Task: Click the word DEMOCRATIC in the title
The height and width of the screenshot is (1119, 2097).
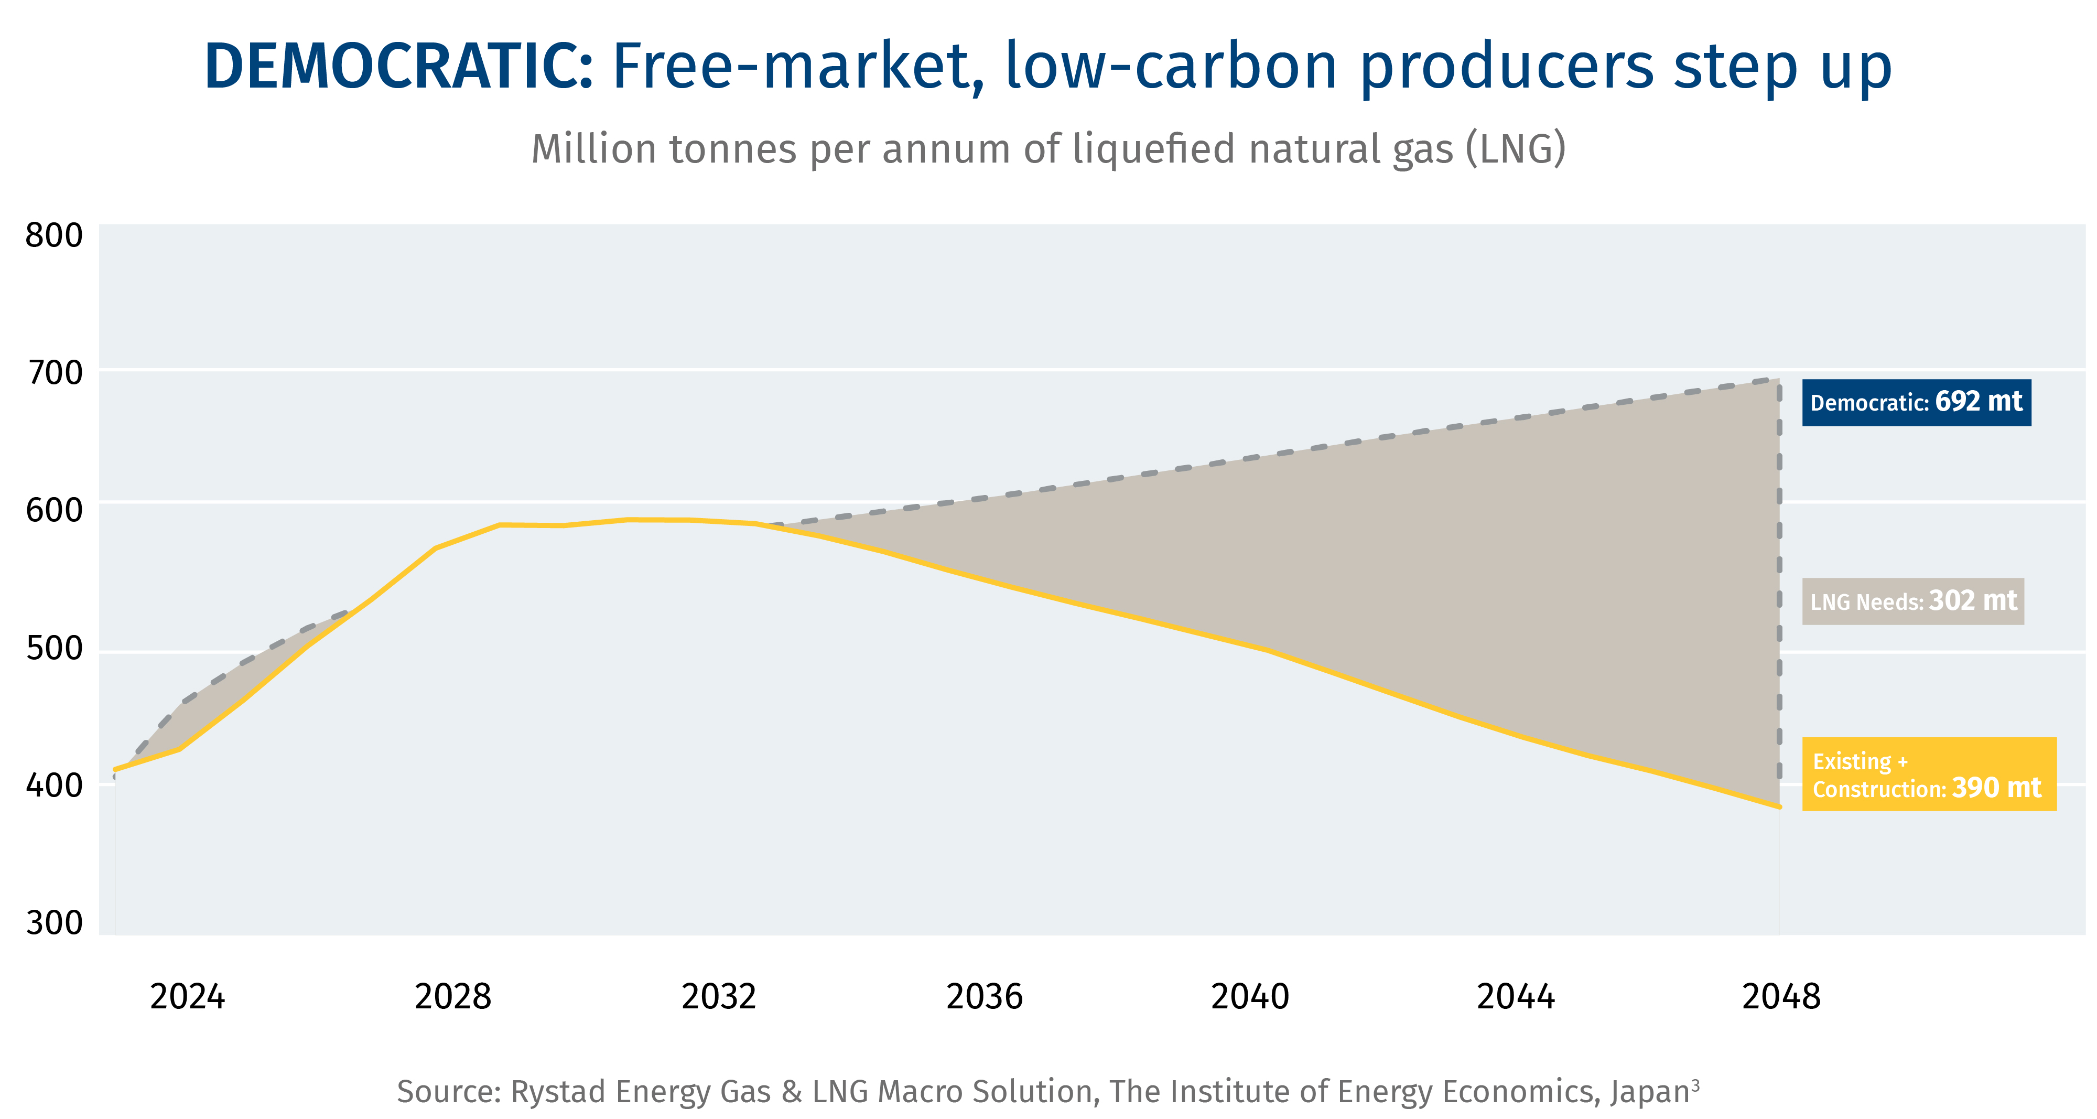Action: coord(398,67)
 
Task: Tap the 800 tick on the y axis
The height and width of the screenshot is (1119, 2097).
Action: coord(53,235)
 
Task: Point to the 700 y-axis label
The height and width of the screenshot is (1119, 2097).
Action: coord(53,373)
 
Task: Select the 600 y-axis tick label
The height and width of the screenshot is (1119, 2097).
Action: coord(53,511)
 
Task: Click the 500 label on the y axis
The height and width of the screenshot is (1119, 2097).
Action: coord(53,648)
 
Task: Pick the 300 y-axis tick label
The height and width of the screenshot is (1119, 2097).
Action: coord(53,923)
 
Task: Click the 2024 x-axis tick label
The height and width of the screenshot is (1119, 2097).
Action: coord(187,997)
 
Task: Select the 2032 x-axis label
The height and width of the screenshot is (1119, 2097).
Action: coord(719,997)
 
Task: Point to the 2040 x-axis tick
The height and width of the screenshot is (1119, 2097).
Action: coord(1250,997)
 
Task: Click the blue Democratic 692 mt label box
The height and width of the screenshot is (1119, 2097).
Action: coord(1916,402)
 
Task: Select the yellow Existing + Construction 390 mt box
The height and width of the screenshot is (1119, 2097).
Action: coord(1929,774)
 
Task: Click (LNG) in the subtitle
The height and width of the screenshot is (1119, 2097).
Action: coord(1515,150)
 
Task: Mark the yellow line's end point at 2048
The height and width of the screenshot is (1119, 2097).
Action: coord(1779,806)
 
